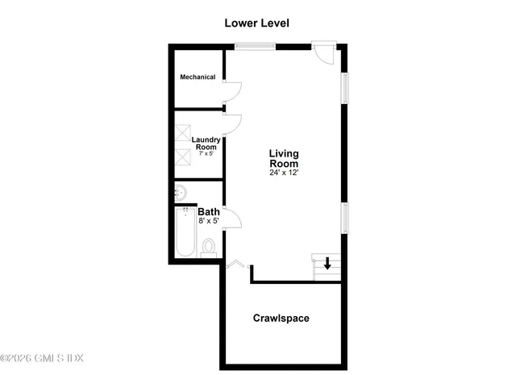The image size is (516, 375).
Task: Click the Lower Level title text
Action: tap(256, 23)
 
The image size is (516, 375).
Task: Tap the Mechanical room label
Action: tap(198, 77)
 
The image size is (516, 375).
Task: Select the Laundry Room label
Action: tap(206, 143)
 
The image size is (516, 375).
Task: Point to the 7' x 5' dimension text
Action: tap(206, 153)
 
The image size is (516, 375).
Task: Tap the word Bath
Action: tap(209, 212)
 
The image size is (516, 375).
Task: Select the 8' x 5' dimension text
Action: tap(209, 221)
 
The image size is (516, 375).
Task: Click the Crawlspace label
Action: tap(281, 318)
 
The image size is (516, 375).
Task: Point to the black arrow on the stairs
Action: tap(327, 263)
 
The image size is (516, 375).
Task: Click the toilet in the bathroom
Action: tap(209, 246)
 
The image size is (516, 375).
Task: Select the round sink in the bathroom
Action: tap(181, 193)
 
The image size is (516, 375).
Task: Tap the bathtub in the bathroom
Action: tap(185, 232)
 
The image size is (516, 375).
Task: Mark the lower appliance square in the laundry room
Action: tap(184, 156)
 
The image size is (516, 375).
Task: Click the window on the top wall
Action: tap(255, 46)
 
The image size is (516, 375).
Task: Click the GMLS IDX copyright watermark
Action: tap(42, 358)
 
